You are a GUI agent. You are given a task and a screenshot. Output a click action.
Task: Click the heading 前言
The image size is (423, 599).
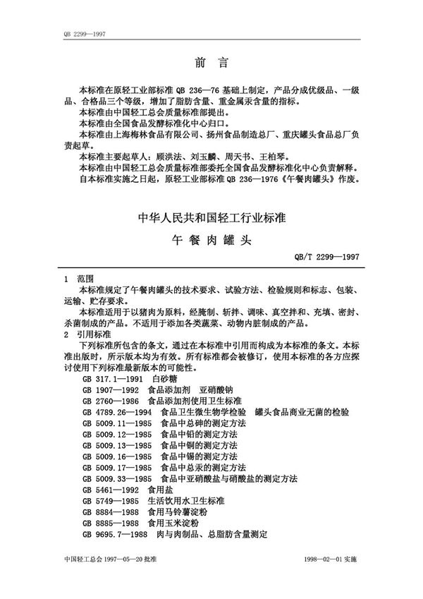pyautogui.click(x=211, y=62)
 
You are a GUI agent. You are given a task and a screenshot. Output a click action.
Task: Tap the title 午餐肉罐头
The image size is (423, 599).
pyautogui.click(x=211, y=238)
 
